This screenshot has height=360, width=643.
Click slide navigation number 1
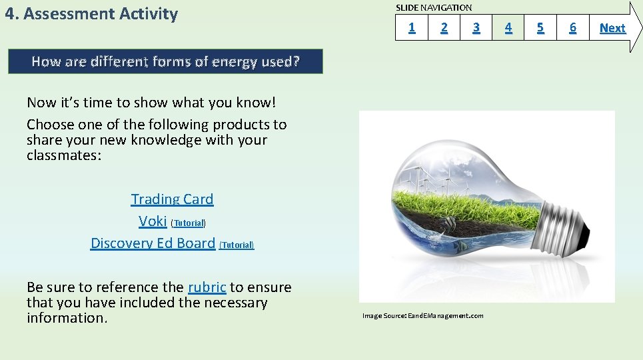click(x=412, y=27)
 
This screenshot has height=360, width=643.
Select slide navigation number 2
click(x=444, y=27)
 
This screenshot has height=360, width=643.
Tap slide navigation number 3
click(x=476, y=27)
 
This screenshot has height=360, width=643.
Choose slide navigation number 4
click(x=508, y=27)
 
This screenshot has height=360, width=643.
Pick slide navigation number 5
click(x=540, y=27)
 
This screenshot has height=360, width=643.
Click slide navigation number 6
click(x=572, y=27)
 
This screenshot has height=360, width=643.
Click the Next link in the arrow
click(x=612, y=28)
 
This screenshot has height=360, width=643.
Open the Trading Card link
click(x=172, y=199)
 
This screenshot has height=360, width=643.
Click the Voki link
click(x=153, y=221)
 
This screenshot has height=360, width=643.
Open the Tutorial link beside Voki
click(x=189, y=223)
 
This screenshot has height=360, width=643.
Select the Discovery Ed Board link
click(x=153, y=243)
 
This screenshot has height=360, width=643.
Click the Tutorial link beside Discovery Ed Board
click(x=237, y=245)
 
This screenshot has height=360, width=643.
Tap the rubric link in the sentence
click(x=207, y=287)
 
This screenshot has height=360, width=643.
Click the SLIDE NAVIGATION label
click(x=434, y=8)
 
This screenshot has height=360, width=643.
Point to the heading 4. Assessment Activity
click(x=91, y=14)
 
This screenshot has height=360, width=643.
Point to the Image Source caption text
click(x=422, y=315)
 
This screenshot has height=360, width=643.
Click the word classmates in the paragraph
click(x=63, y=156)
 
